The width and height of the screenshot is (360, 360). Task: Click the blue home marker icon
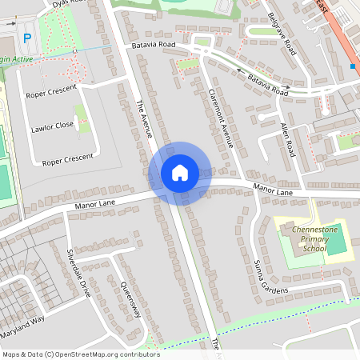(180, 173)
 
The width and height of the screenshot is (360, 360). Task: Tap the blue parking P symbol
(28, 38)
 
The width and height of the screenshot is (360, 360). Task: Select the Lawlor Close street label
(53, 126)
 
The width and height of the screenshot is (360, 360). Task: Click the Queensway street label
(130, 298)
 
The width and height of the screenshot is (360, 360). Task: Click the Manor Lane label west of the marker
(97, 204)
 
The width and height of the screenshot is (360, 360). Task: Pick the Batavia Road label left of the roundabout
(153, 46)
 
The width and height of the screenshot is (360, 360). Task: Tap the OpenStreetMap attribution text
(80, 354)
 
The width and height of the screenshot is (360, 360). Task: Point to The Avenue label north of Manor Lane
(145, 118)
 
